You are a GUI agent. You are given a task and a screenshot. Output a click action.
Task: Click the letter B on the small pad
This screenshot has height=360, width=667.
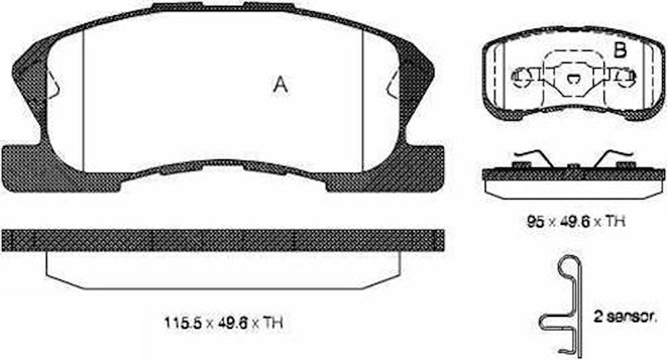point(620,51)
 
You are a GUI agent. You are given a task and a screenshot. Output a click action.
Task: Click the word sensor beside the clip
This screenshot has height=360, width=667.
point(630,317)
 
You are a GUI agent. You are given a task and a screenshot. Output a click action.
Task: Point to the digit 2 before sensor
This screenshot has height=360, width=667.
point(597,316)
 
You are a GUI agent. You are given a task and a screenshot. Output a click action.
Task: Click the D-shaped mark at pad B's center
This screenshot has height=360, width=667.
point(573,78)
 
